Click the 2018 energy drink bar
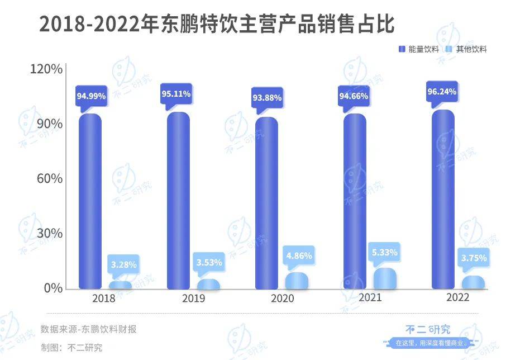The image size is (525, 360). click(x=90, y=201)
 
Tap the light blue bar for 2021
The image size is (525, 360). click(x=385, y=279)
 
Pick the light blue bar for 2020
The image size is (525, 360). click(x=297, y=281)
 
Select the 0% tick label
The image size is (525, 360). click(x=52, y=288)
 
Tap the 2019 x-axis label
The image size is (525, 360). click(x=193, y=299)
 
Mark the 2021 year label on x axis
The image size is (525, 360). click(x=370, y=297)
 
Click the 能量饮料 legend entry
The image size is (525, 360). click(x=415, y=49)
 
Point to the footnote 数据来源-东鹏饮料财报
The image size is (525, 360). click(x=88, y=329)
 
